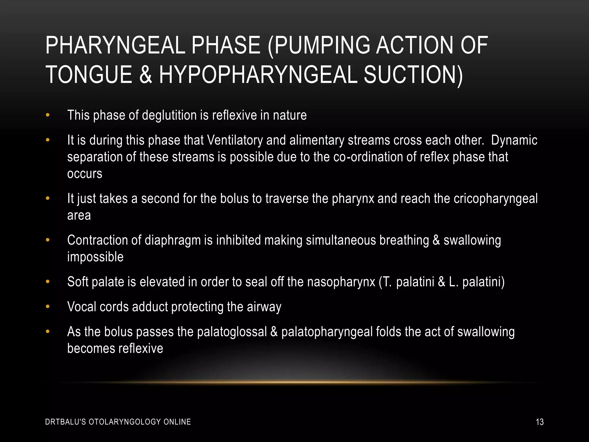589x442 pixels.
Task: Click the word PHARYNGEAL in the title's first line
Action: tap(115, 45)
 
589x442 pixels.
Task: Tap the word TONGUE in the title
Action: tap(89, 75)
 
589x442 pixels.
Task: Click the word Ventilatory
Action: tap(235, 140)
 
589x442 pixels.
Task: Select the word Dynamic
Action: tap(514, 140)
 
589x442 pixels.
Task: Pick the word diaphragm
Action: tap(173, 241)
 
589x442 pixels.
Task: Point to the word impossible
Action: tap(95, 257)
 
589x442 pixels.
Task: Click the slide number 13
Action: tap(540, 422)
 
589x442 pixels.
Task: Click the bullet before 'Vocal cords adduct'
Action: tap(48, 307)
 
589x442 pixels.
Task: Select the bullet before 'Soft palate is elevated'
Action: tap(48, 282)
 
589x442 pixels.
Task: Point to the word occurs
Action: tap(85, 174)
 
